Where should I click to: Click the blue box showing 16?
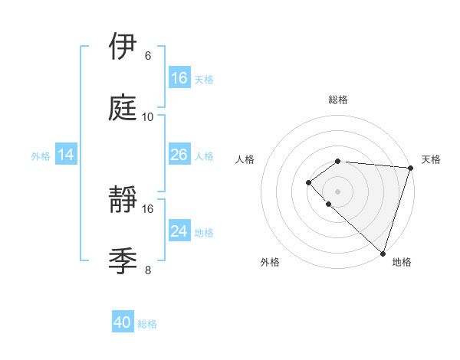[179, 77]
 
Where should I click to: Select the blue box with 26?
[179, 155]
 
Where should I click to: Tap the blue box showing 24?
[179, 231]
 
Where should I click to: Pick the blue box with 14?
[66, 155]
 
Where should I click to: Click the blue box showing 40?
[123, 322]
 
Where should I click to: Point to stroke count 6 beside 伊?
[148, 55]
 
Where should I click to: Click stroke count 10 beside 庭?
[148, 117]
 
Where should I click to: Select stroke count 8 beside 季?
[148, 270]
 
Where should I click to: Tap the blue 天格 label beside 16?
[204, 79]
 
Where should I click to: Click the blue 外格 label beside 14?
[41, 156]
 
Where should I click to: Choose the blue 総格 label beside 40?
[147, 324]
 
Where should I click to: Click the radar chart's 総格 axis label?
[337, 100]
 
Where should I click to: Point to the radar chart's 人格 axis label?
[245, 159]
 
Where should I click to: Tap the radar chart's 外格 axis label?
[270, 262]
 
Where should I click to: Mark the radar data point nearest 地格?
[383, 253]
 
